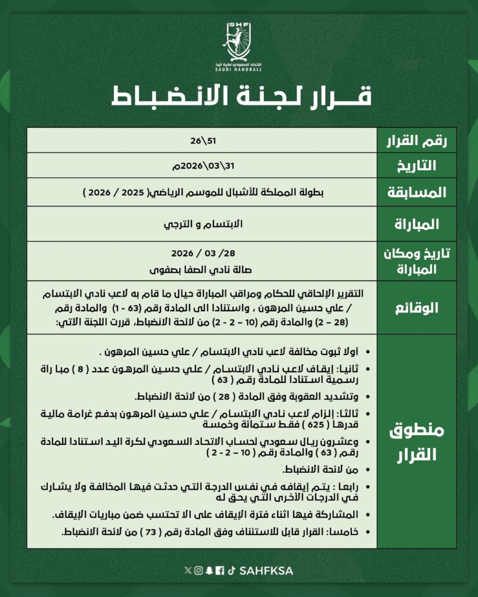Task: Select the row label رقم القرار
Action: (417, 141)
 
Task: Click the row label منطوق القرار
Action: (416, 443)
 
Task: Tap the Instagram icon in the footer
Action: (199, 570)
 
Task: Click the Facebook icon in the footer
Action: (219, 570)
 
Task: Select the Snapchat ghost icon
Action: (209, 570)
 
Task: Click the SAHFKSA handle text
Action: (267, 570)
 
